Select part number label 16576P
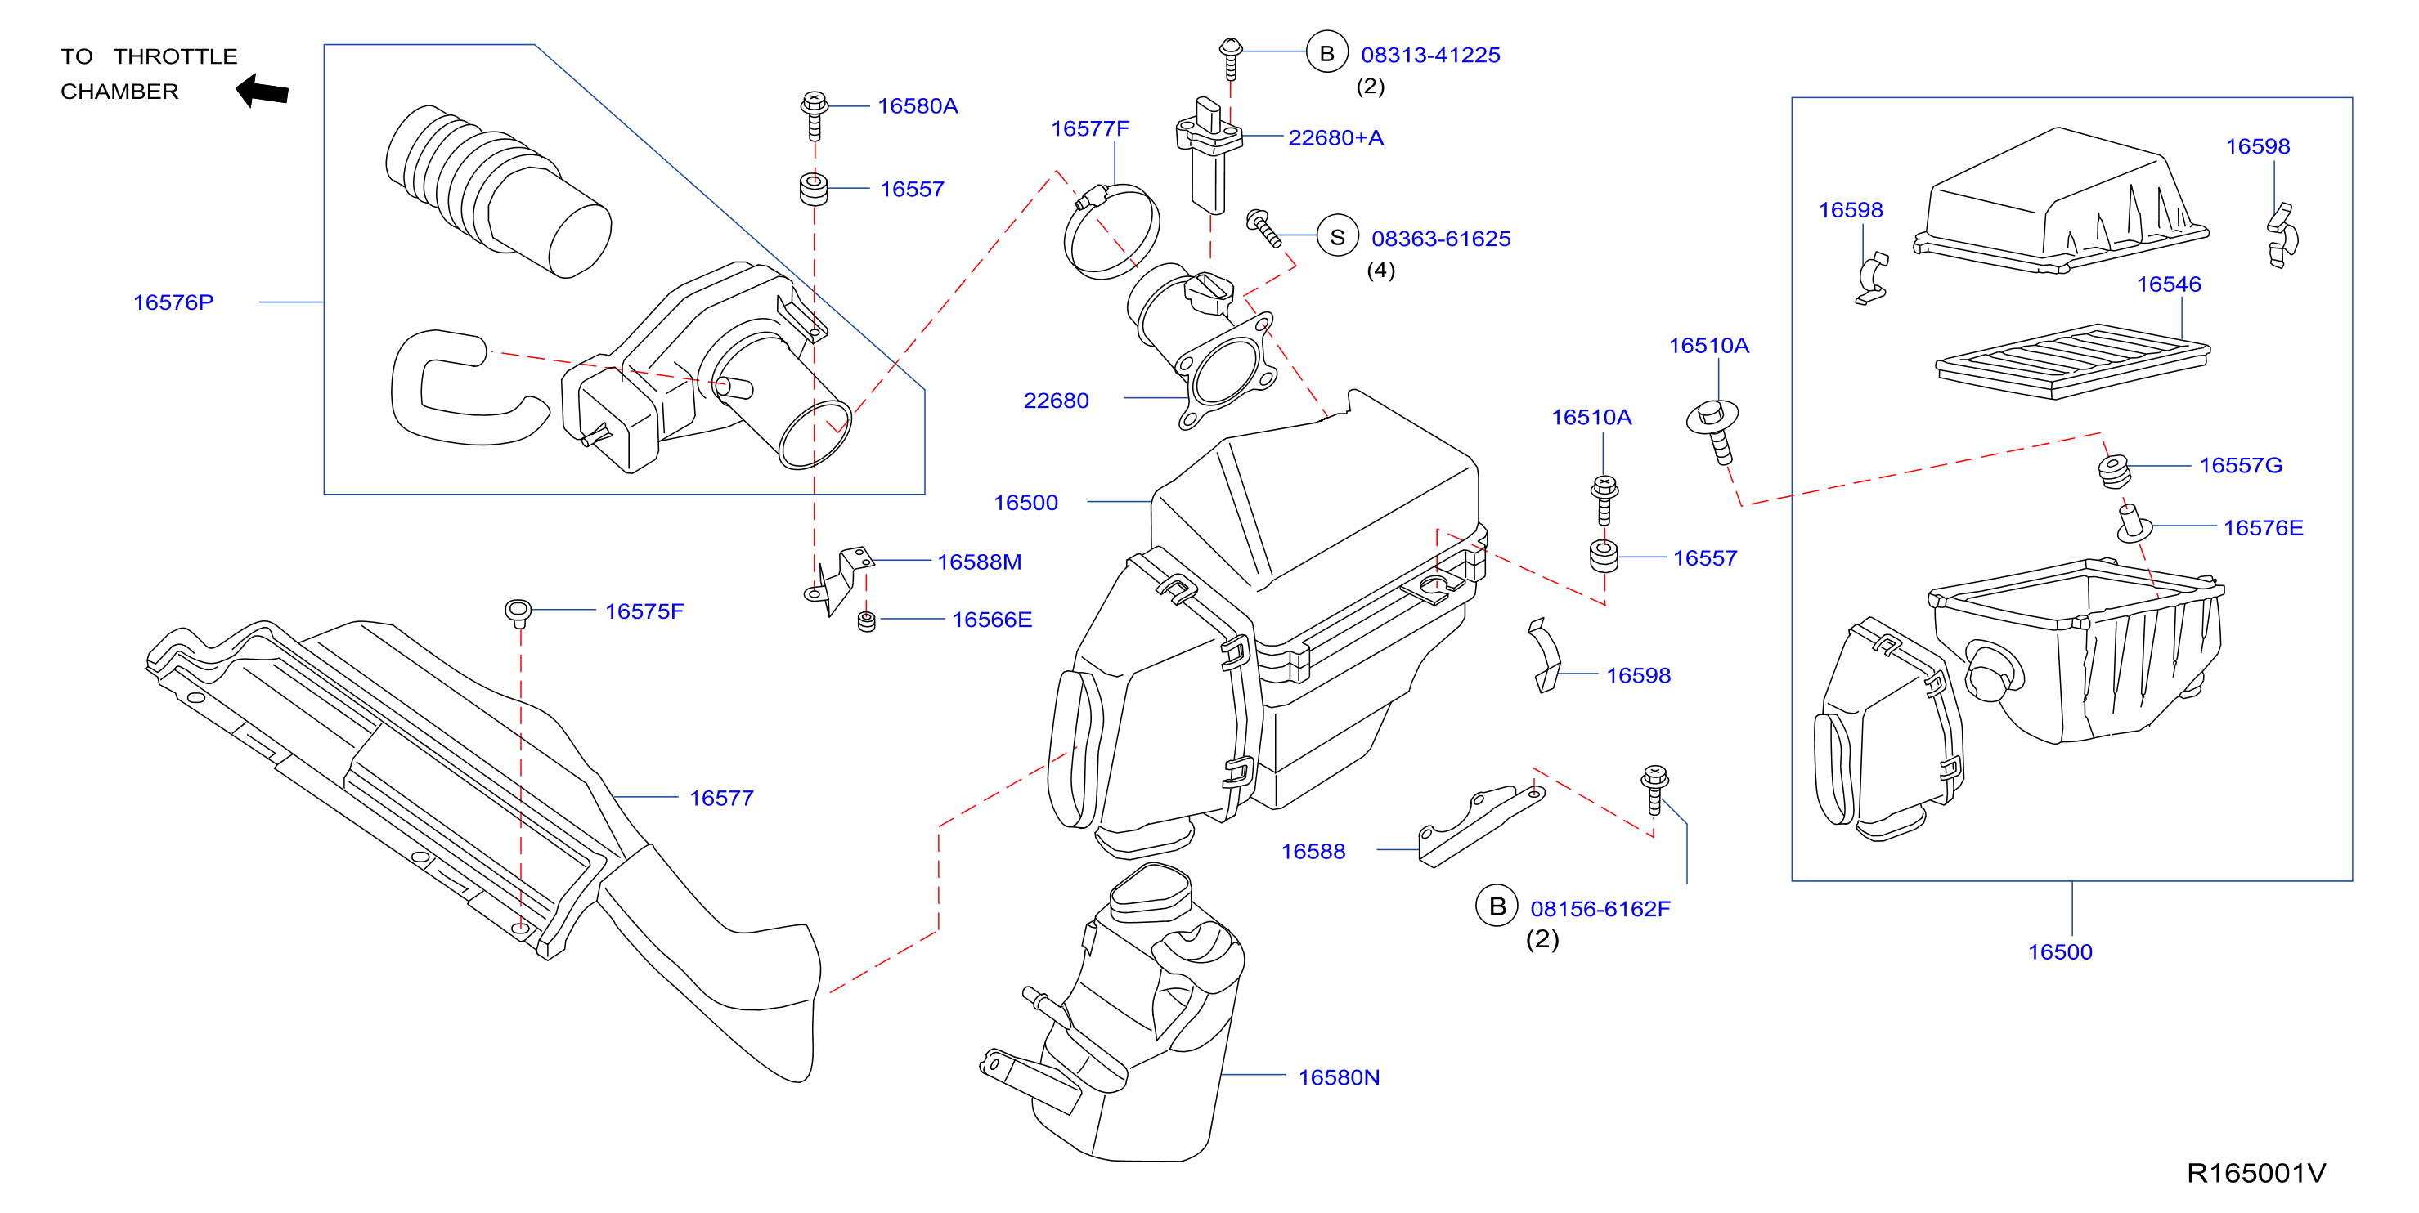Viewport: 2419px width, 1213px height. pyautogui.click(x=173, y=302)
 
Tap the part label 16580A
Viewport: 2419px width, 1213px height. pyautogui.click(x=918, y=106)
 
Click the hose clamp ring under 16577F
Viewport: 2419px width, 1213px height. pyautogui.click(x=1111, y=231)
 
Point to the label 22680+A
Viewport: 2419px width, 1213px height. pyautogui.click(x=1335, y=138)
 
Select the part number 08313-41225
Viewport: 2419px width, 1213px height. pyautogui.click(x=1430, y=56)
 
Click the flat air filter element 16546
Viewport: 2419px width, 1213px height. pyautogui.click(x=2072, y=361)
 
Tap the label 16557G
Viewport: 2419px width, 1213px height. pyautogui.click(x=2241, y=466)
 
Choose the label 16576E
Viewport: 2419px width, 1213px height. pyautogui.click(x=2263, y=528)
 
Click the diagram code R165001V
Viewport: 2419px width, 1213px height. pyautogui.click(x=2255, y=1173)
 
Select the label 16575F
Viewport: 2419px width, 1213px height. pyautogui.click(x=644, y=611)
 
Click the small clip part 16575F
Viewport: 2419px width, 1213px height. pyautogui.click(x=518, y=613)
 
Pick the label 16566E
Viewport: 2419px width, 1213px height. pyautogui.click(x=992, y=620)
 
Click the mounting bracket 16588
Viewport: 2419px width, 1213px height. pyautogui.click(x=1481, y=826)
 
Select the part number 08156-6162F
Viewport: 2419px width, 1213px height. pyautogui.click(x=1600, y=909)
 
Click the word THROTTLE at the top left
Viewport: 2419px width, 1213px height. pyautogui.click(x=176, y=56)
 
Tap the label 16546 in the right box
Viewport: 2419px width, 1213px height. pyautogui.click(x=2168, y=284)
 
